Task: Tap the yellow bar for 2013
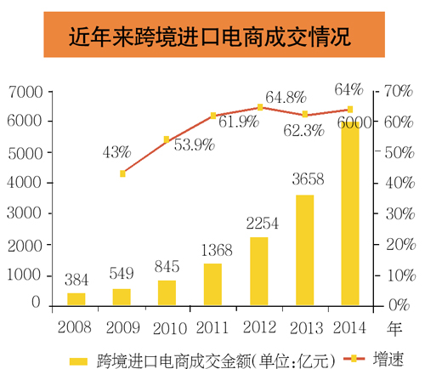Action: point(304,249)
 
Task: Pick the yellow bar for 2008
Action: point(76,298)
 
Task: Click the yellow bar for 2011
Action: point(212,283)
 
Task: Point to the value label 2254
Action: point(258,224)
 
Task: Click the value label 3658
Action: point(304,182)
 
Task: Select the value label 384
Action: point(76,280)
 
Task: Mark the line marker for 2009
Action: point(122,173)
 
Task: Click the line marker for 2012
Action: point(259,107)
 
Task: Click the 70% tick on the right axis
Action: point(398,91)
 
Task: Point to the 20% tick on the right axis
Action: point(398,244)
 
